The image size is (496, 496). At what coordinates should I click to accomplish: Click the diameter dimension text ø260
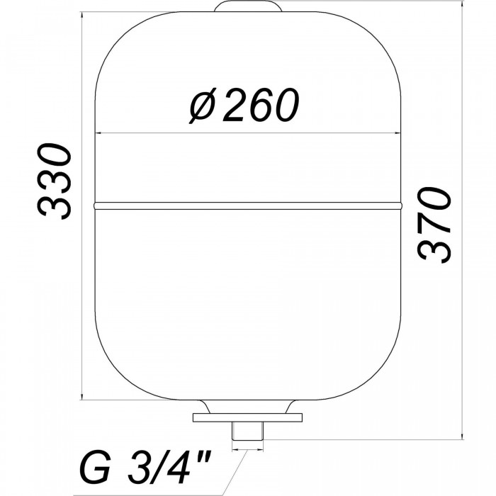click(244, 106)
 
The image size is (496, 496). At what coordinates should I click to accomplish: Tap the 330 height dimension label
click(55, 181)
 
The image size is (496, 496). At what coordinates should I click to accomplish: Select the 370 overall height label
click(434, 225)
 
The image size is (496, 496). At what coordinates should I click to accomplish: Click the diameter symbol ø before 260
click(203, 106)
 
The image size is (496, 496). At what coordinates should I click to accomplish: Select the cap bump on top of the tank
click(248, 6)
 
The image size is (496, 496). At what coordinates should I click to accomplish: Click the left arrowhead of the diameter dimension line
click(98, 133)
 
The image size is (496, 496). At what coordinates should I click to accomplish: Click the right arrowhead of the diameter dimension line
click(398, 133)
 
